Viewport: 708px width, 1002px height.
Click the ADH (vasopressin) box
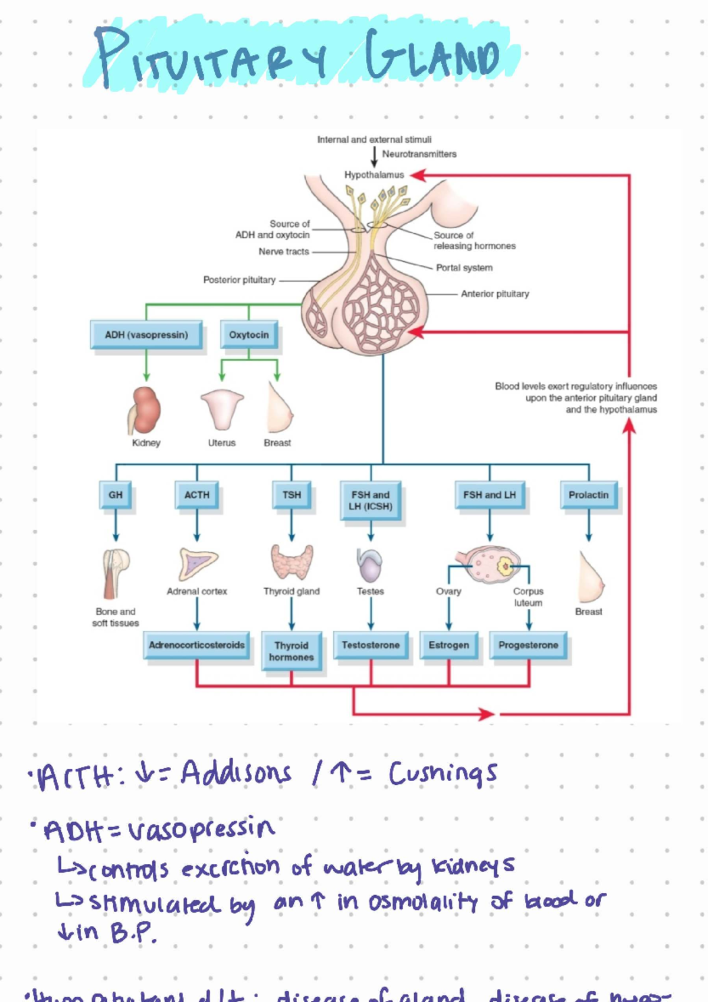click(146, 335)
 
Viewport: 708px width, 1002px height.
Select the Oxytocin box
click(248, 335)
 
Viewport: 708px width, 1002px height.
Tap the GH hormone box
click(116, 495)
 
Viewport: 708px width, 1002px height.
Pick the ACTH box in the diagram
click(196, 495)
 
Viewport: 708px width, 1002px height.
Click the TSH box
click(291, 495)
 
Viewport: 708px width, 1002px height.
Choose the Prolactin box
click(588, 495)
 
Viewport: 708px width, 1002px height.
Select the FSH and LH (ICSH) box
click(371, 500)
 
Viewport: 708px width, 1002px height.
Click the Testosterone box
click(371, 645)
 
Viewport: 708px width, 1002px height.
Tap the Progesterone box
click(528, 645)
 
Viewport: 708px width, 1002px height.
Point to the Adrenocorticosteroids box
click(196, 645)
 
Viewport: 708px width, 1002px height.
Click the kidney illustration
click(145, 410)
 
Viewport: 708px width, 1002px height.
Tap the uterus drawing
click(222, 409)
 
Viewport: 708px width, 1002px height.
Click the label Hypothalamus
click(374, 175)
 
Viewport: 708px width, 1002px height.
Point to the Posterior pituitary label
click(239, 280)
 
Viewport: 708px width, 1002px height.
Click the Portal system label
click(464, 267)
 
